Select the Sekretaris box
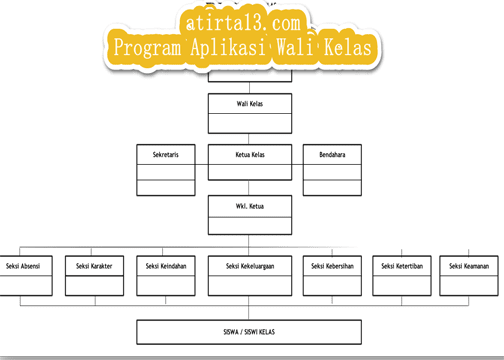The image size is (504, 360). coord(165,156)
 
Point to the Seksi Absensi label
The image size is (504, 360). coord(22,266)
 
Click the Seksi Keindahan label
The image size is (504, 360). coord(164,266)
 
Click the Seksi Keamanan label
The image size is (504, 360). coord(469,266)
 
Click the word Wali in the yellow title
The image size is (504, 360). coord(301,47)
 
